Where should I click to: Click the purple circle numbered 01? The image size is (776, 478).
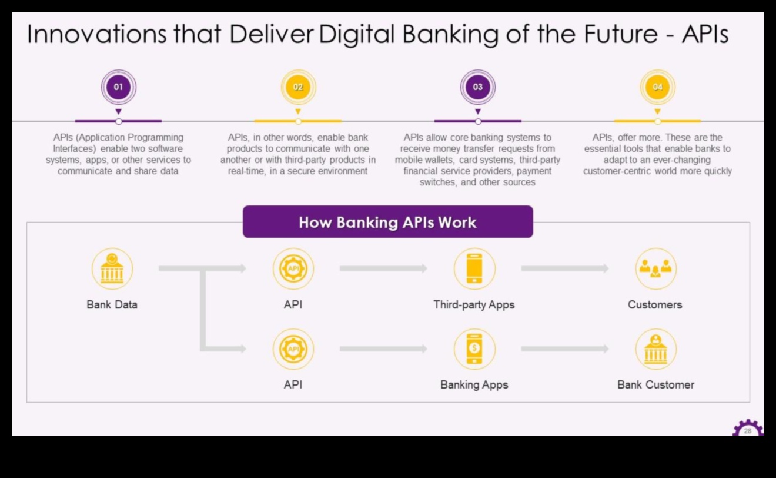[118, 87]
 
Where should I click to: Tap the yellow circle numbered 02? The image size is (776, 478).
[298, 87]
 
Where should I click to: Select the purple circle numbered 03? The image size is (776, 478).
[477, 87]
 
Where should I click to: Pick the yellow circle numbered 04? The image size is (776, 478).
[657, 87]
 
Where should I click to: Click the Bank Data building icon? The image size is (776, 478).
[112, 269]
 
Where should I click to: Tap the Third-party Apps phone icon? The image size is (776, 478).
[474, 269]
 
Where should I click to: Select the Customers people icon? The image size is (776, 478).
[655, 269]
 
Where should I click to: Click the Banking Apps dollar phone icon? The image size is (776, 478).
[474, 349]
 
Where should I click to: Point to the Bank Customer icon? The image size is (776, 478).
[655, 349]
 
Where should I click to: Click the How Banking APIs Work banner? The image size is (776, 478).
[387, 222]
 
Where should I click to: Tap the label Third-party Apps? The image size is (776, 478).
[474, 305]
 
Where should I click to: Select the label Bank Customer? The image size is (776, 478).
[655, 385]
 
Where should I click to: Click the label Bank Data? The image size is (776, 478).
[112, 305]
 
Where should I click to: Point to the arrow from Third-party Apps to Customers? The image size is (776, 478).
[564, 269]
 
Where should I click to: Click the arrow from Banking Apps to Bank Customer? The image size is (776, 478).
[564, 349]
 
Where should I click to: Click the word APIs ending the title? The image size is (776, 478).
[705, 35]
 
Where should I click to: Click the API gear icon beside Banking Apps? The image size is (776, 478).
[293, 349]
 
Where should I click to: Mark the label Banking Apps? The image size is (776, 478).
[474, 385]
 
